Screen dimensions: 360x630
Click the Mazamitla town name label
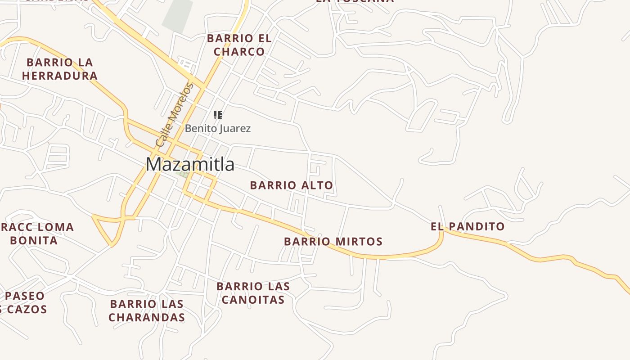190,164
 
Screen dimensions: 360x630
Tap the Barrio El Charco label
239,45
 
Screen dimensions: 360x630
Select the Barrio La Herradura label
60,69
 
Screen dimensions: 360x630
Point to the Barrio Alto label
291,185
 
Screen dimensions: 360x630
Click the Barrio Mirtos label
333,242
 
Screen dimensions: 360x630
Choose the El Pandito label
468,226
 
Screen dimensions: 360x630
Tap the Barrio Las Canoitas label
253,293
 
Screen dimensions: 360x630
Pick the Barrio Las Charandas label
147,310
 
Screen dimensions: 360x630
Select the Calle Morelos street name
174,115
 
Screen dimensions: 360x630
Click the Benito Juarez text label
218,128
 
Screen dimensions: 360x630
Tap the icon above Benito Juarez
218,115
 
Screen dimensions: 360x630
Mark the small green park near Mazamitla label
182,174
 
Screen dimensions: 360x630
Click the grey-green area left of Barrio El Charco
177,16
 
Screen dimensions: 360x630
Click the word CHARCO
239,52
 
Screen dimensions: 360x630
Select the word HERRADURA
60,76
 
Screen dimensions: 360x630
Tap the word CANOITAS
253,300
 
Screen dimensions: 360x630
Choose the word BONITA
34,240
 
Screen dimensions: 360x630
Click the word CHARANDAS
147,317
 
